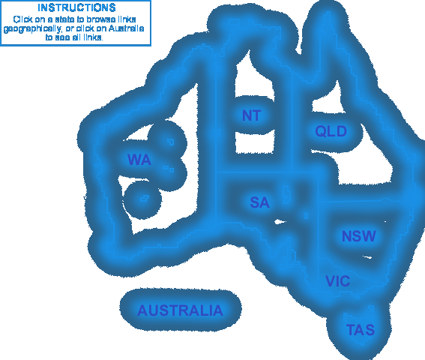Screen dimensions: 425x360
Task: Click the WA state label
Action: (139, 160)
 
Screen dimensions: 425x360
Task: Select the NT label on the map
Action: (252, 115)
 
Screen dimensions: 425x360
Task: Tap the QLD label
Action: (331, 131)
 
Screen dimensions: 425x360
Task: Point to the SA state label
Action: (259, 202)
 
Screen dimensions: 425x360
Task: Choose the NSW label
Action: (359, 236)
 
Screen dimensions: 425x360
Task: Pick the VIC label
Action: (338, 281)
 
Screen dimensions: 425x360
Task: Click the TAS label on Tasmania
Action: (361, 330)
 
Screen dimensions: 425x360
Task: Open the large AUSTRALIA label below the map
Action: (180, 310)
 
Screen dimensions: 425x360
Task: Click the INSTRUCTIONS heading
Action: (76, 7)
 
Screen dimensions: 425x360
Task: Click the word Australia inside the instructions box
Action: (126, 28)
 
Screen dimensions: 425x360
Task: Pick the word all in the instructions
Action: (76, 37)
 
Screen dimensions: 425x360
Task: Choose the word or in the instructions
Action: (70, 28)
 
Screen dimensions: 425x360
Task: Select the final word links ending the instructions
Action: (93, 37)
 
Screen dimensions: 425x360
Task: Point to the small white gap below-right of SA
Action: (280, 222)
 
